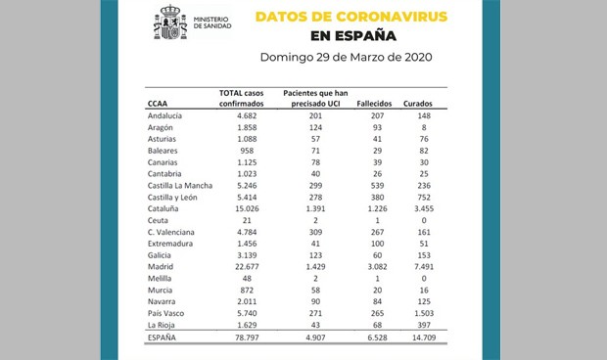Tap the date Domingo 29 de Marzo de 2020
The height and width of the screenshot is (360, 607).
coord(347,57)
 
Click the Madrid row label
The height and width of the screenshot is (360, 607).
coord(160,265)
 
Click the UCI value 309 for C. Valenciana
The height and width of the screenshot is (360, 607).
coord(312,231)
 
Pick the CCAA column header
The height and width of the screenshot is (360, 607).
coord(158,101)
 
